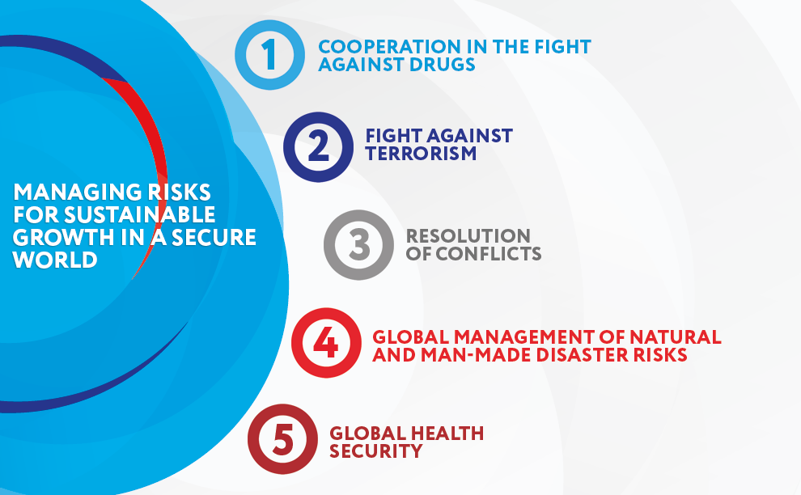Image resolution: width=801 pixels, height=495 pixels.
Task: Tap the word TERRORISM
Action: pos(421,153)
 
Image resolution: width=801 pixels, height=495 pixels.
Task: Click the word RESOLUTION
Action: pos(468,236)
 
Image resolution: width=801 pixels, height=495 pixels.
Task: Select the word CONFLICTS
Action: pos(489,253)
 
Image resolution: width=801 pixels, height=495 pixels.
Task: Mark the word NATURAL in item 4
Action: pos(676,337)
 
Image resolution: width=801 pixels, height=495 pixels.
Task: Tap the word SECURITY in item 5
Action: pos(376,451)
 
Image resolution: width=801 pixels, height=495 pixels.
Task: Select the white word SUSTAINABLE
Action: pos(139,214)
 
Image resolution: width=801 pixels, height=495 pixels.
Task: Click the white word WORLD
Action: pos(55,260)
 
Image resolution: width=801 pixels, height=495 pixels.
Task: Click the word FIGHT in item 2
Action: pos(393,136)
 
